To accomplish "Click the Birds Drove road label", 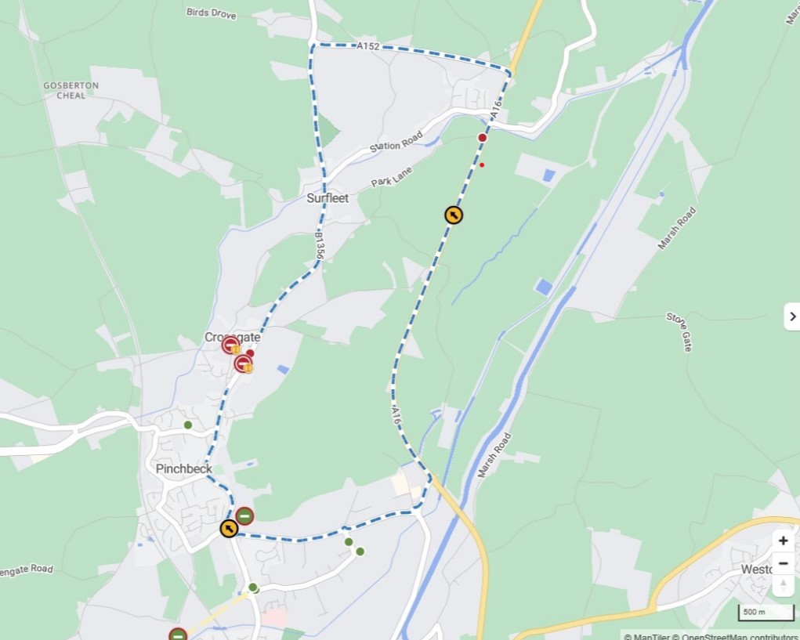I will coord(211,13).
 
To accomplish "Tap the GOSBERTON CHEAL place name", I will coord(71,90).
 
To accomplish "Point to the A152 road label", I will coord(367,47).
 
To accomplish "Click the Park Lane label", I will coord(392,176).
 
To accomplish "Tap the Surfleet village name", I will coord(328,198).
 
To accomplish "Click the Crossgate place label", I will coord(232,337).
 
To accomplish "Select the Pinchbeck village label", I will coord(183,468).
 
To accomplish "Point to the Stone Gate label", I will coord(679,331).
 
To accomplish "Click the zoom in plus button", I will coord(783,541).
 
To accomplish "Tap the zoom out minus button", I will coord(783,563).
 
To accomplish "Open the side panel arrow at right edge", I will coord(791,316).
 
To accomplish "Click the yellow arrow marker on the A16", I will coord(453,215).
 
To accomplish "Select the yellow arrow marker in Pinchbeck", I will coord(228,529).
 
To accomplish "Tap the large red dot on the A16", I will coord(483,138).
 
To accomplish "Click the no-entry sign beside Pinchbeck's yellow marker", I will coord(244,515).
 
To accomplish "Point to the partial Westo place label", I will coord(757,569).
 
